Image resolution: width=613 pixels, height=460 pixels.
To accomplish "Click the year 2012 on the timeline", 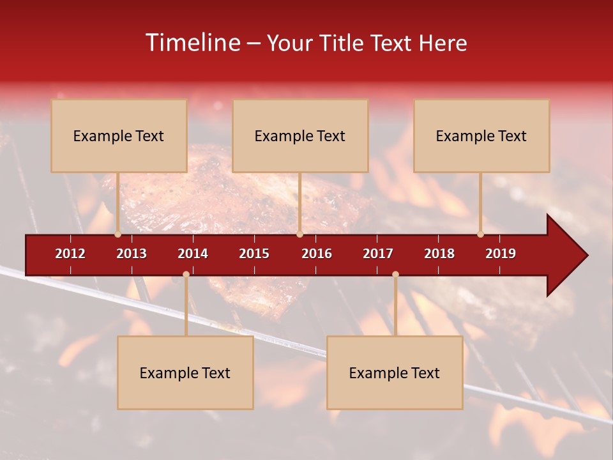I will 70,254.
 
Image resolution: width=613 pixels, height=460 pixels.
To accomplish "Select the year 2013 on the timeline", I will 132,254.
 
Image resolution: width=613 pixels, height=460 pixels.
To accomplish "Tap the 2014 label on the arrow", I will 193,254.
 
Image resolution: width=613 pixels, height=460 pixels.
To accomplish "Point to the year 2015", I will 254,254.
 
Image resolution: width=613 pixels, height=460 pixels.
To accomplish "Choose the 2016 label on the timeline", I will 317,254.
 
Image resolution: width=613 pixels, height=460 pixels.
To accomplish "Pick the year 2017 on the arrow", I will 378,254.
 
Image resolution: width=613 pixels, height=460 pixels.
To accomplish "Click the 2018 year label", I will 439,254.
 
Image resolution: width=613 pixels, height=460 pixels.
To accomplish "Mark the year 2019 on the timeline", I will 501,254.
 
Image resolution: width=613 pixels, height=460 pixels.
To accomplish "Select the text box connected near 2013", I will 119,135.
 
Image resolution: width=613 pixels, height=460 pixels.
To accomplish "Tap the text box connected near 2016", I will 300,135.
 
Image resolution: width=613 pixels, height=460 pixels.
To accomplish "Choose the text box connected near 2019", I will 481,135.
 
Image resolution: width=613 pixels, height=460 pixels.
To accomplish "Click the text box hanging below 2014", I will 185,372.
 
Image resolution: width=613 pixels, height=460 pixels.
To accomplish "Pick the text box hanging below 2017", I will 395,372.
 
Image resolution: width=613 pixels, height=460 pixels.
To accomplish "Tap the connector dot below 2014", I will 186,274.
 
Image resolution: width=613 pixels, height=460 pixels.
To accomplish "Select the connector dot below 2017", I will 395,274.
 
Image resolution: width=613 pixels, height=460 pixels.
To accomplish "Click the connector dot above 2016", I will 299,234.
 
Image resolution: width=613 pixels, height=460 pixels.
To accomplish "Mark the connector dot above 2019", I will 481,234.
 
